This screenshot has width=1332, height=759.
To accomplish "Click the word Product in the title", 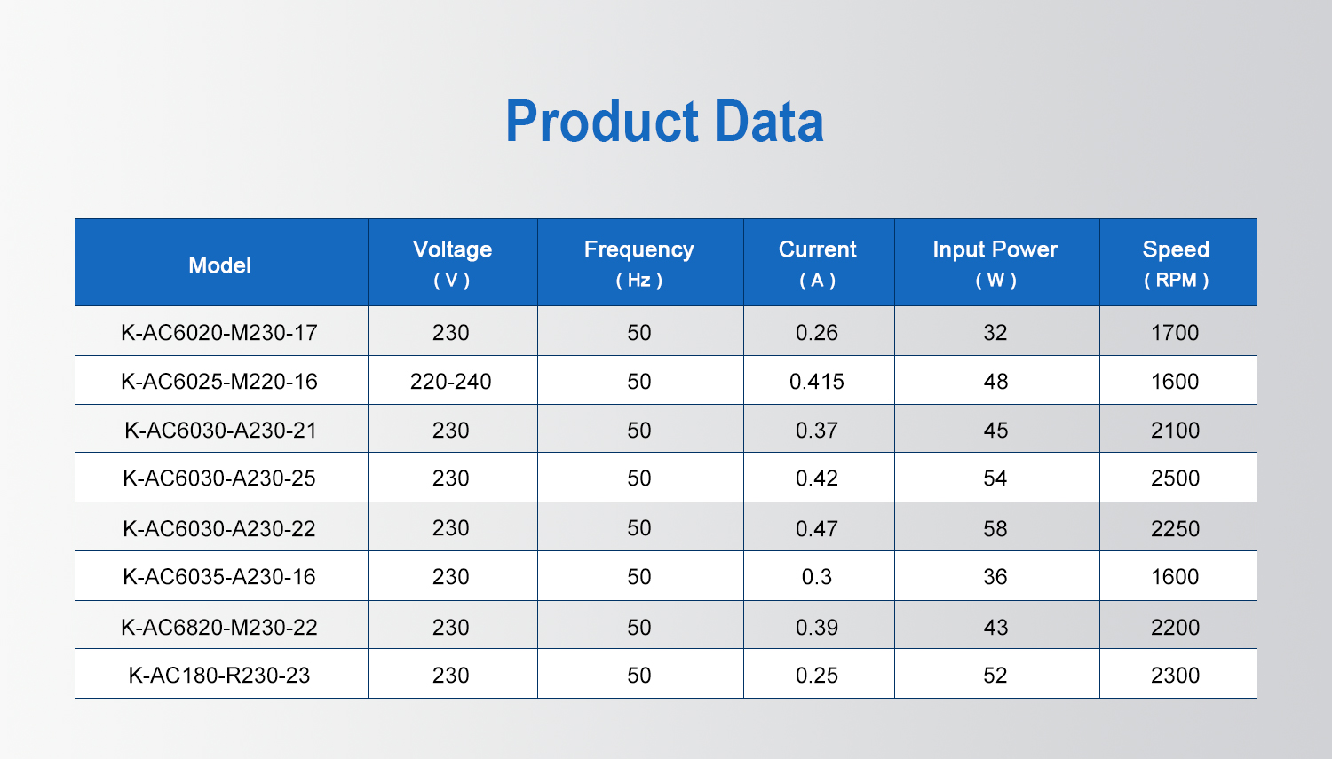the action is coord(602,122).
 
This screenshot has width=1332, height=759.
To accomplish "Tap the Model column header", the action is coord(219,265).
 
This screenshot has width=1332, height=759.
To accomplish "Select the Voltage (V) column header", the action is coord(452,264).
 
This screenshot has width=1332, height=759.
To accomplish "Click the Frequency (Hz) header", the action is coord(638,264).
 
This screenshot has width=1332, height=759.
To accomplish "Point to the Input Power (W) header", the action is coord(995,264).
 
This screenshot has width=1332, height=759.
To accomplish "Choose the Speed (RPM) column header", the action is coord(1176,264).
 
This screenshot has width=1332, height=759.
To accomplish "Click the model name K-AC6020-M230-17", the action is coord(219,332).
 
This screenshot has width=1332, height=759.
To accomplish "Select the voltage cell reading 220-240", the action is coord(451,381).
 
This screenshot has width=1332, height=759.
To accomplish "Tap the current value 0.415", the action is coord(816,381).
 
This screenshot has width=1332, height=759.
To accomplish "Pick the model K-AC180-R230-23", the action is coord(219,676).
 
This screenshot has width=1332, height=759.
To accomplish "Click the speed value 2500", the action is coord(1175,478).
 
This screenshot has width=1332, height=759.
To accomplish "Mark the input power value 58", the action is coord(995,528).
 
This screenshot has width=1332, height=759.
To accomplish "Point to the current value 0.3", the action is coord(816,576).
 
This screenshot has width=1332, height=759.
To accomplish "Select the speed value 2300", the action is coord(1175,676).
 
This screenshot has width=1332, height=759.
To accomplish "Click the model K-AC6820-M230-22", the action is coord(219,627).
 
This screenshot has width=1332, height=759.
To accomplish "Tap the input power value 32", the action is coord(995,332).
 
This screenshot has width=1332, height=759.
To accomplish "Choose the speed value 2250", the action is coord(1175,528).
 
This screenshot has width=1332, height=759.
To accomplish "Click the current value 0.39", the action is coord(816,627).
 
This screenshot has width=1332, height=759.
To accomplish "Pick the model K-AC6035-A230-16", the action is coord(219,576).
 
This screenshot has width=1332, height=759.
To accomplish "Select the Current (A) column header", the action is coord(817,264).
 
